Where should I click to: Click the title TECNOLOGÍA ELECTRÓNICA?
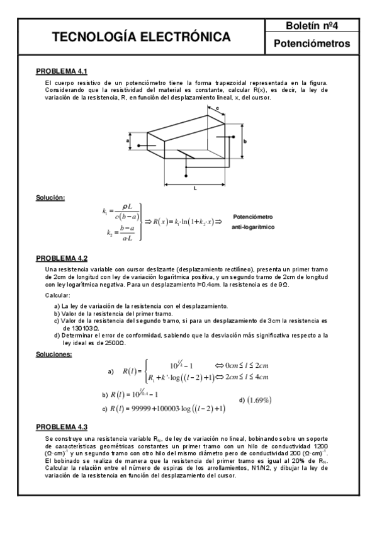pos(140,38)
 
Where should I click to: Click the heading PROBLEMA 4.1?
pos(61,72)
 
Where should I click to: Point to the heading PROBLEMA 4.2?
pos(61,258)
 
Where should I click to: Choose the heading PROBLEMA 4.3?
pos(61,426)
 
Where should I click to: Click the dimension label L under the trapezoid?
pos(196,188)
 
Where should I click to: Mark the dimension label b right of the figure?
pos(245,142)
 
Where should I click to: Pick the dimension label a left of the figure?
pos(128,142)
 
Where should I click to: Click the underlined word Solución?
pos(50,198)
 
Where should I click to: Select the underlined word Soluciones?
pos(53,354)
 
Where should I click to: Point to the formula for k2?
pos(120,233)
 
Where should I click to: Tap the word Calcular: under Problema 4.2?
pos(58,295)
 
